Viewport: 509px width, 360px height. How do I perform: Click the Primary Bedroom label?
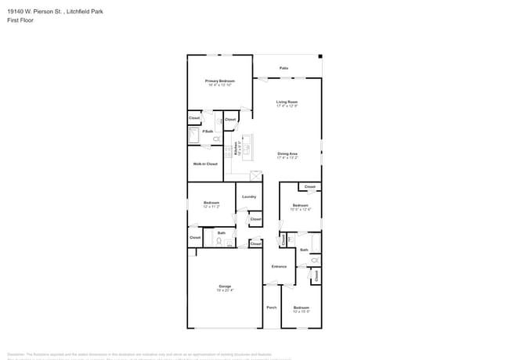220,81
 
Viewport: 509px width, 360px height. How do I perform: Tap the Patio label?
283,68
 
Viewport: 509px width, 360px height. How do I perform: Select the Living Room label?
287,102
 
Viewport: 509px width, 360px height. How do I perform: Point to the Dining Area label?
287,153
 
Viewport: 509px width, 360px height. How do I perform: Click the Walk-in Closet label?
206,164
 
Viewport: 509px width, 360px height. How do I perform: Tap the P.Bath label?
208,131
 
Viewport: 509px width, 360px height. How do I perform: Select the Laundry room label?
249,196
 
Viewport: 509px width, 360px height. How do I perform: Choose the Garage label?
225,287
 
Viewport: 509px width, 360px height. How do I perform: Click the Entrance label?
279,267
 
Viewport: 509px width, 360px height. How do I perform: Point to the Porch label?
272,308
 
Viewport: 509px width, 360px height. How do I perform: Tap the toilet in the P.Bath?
217,139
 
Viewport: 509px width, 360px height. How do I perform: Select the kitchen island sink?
246,146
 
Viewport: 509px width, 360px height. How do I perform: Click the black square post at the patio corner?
320,56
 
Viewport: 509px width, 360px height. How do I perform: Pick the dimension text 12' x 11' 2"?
211,207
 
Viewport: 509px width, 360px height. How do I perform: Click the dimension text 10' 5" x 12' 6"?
301,210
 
